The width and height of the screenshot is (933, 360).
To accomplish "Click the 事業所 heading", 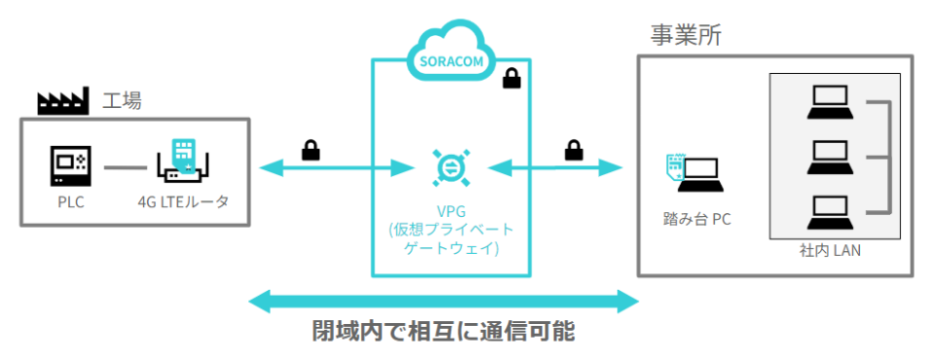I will point(685,36).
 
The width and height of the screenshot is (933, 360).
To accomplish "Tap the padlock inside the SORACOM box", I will point(510,80).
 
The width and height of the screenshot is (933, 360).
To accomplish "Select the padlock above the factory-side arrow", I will point(310,149).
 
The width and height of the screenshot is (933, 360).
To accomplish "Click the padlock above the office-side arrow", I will point(573,149).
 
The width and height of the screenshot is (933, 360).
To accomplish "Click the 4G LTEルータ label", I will point(183,203).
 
